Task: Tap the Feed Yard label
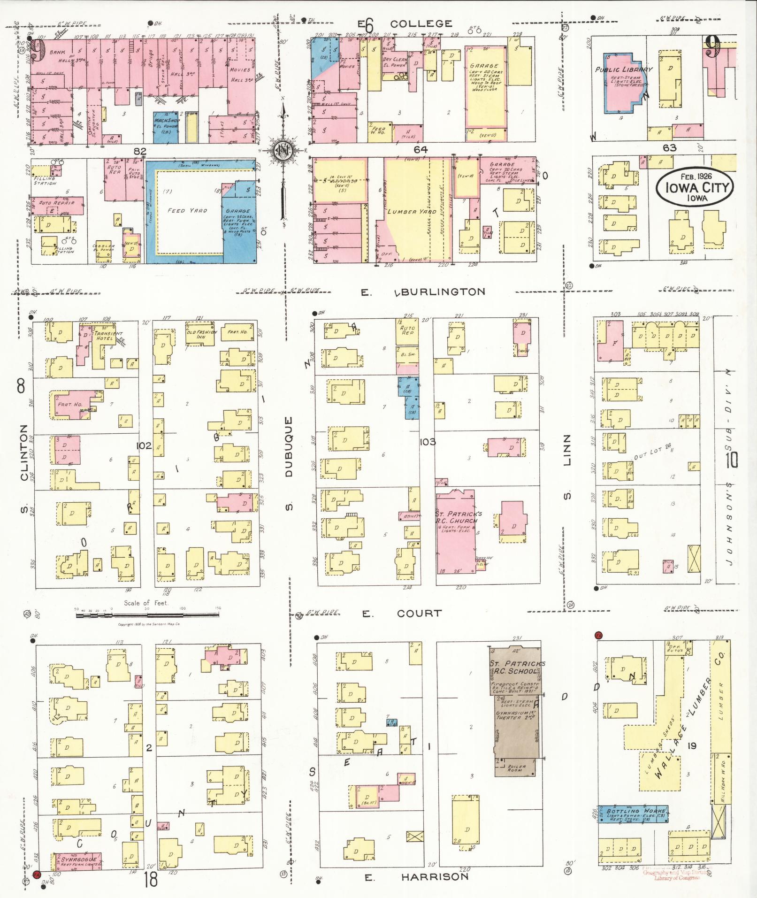(x=187, y=211)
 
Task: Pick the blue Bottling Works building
(x=633, y=813)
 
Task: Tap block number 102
(x=144, y=445)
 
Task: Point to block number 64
(x=420, y=149)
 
